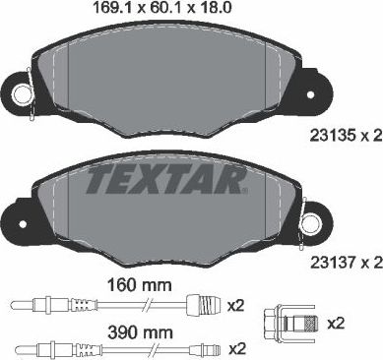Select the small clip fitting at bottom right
click(283, 321)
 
